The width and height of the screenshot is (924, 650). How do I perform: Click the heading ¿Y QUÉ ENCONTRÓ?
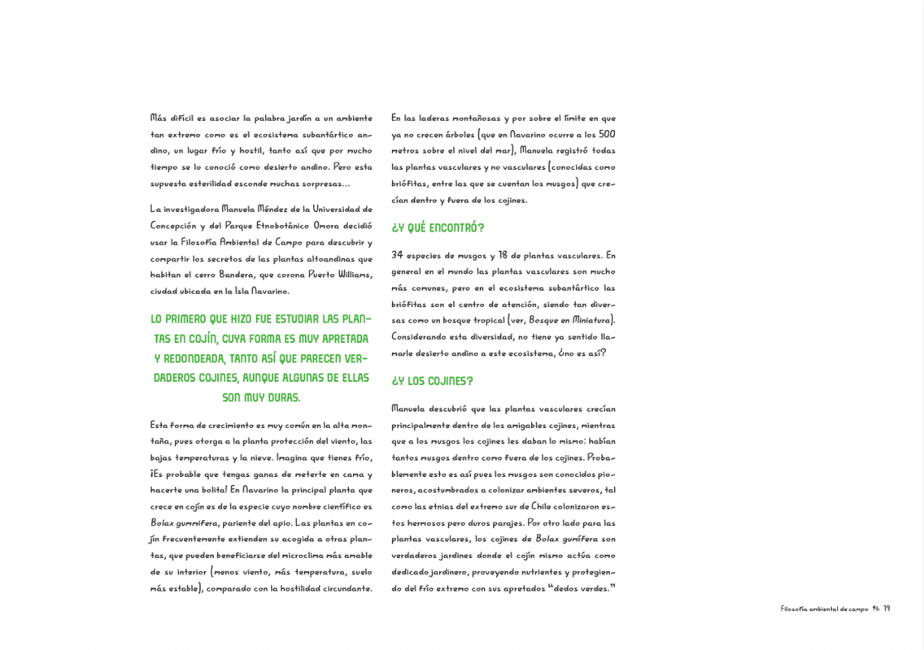pos(438,228)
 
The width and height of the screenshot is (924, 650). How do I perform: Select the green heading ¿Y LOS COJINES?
pos(432,381)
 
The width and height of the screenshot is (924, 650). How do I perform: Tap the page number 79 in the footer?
pos(887,609)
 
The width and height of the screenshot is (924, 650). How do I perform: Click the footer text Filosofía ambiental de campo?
pos(824,609)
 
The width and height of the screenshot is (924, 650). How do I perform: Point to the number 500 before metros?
pos(607,135)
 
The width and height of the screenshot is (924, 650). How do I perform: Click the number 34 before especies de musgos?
pos(398,255)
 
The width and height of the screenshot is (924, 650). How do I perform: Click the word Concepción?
pos(173,226)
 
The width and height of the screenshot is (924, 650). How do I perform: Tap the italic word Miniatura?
pos(592,320)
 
